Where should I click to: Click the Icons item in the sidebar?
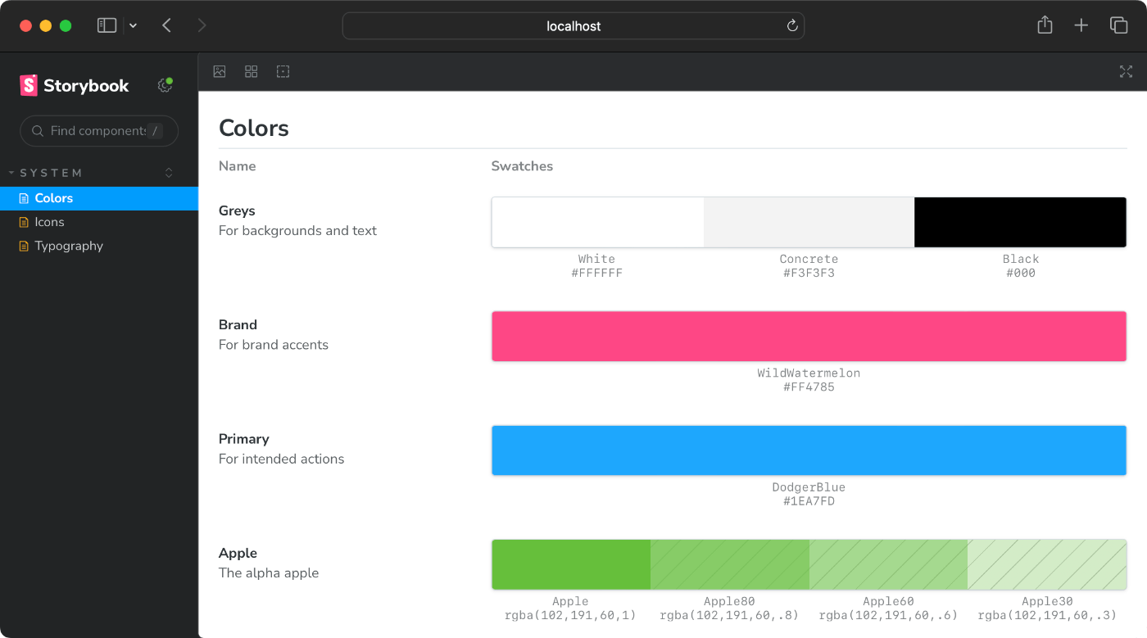(49, 222)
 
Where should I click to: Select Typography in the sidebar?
(69, 246)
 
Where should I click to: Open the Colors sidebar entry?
(54, 198)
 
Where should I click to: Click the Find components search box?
(98, 131)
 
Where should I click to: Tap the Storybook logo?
(75, 85)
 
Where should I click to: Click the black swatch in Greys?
(1020, 222)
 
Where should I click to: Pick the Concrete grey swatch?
(809, 222)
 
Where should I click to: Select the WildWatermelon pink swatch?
(809, 336)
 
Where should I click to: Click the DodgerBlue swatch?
(809, 450)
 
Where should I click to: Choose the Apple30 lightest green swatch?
(1046, 564)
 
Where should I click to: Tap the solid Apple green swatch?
(571, 564)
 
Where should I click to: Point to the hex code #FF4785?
(809, 387)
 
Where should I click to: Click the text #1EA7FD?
(809, 501)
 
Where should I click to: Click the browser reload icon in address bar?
(792, 26)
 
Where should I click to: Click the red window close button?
(25, 25)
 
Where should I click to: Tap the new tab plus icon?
(1081, 25)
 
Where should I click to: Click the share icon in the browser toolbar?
(1045, 25)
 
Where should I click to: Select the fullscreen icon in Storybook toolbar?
(1126, 72)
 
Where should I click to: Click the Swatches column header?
(522, 166)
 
